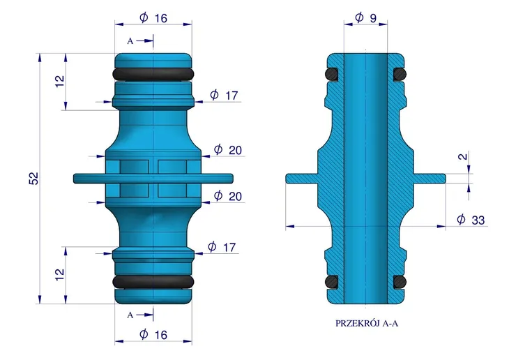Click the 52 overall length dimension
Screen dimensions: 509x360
pos(33,179)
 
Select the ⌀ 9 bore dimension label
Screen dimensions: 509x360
pos(366,17)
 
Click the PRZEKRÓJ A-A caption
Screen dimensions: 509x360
pos(367,323)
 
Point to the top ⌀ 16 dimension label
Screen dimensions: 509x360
pos(153,17)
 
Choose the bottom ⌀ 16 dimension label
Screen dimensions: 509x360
pos(153,334)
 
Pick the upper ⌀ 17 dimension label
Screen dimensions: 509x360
pos(224,95)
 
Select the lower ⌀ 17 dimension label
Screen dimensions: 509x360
pos(222,247)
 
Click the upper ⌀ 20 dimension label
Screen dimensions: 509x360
pos(228,150)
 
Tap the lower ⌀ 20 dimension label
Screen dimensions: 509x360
pos(228,196)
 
